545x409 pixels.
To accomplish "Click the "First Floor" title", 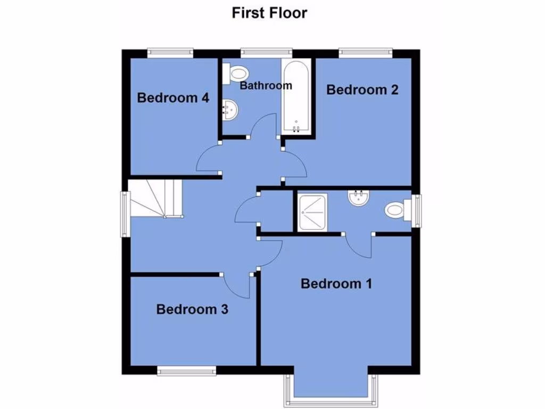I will coord(269,12).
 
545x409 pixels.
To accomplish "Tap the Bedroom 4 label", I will coord(173,98).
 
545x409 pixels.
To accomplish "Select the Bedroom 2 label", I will coord(362,89).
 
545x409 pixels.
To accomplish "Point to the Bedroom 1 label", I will coord(336,283).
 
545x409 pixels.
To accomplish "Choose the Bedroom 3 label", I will coord(192,309).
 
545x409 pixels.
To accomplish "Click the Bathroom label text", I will coord(266,85).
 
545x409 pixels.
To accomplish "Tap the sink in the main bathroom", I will coord(231,110).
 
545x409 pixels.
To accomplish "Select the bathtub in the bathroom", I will coord(296,96).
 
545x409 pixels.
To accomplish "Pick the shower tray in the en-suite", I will coord(312,212).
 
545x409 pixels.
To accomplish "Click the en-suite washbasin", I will coord(358,198).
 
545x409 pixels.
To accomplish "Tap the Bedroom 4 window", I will coord(170,52).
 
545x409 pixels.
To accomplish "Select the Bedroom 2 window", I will coord(366,52).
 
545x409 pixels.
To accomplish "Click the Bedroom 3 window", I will coord(186,370).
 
